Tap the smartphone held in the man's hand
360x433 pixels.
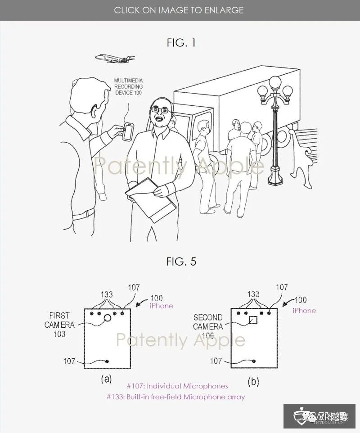click(129, 130)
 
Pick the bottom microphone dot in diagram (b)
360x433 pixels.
click(254, 361)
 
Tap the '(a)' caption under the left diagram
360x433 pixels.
click(106, 379)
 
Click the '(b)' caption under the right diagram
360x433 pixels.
click(253, 382)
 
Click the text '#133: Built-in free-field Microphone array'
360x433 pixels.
click(176, 397)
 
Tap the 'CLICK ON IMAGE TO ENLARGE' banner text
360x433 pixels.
click(180, 9)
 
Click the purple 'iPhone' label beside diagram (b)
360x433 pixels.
click(304, 310)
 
